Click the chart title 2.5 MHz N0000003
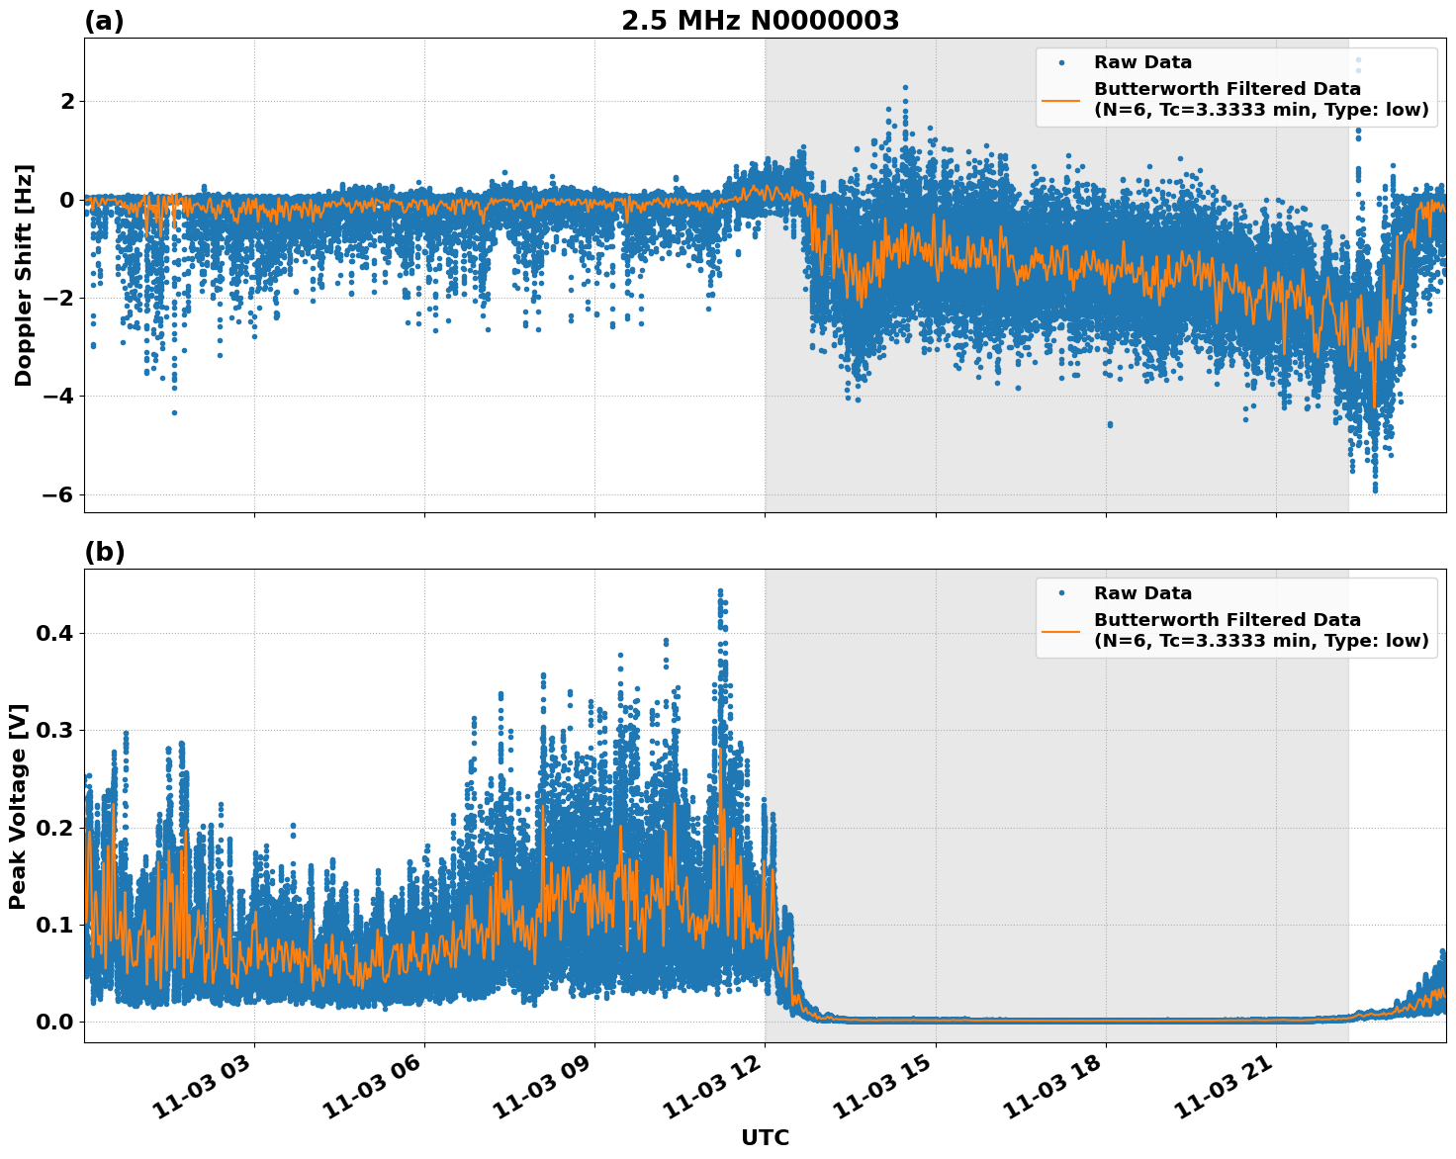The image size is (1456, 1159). [760, 21]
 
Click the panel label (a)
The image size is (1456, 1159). [104, 21]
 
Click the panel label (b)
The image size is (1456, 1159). [104, 553]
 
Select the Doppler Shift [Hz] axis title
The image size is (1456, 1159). [24, 275]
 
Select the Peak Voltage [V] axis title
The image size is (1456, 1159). [18, 806]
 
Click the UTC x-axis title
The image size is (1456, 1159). [765, 1137]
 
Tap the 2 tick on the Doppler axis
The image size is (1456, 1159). [68, 101]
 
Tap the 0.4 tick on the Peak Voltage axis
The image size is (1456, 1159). [54, 633]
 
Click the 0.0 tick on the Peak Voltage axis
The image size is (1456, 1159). [54, 1022]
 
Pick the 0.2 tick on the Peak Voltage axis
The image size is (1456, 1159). [54, 828]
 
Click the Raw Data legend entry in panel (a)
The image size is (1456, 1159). [1142, 62]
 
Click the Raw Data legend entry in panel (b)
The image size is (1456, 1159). [1142, 593]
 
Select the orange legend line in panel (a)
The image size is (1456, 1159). [1061, 100]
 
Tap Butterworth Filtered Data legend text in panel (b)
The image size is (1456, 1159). [1227, 620]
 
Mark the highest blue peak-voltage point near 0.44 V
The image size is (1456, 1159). [720, 591]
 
